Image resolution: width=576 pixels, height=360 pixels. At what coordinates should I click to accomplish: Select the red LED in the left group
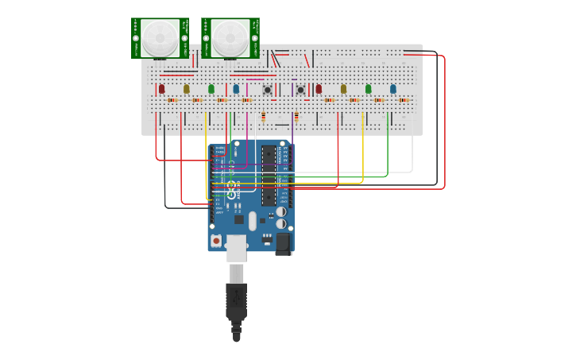[161, 89]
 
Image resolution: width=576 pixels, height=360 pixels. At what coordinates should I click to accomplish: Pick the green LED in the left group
[211, 89]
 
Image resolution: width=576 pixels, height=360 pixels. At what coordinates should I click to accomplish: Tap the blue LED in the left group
[236, 89]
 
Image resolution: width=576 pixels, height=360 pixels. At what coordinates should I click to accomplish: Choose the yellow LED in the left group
[187, 89]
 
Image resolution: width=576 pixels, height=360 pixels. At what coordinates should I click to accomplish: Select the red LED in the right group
[319, 89]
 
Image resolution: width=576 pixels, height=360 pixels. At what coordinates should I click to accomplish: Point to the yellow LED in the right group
[344, 89]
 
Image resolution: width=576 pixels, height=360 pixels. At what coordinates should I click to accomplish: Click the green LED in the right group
[369, 89]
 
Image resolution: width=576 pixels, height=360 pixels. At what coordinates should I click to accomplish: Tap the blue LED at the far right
[393, 89]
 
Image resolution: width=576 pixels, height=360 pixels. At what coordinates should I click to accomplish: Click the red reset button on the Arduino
[216, 239]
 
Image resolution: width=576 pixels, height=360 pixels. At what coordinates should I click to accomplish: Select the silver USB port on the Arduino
[236, 247]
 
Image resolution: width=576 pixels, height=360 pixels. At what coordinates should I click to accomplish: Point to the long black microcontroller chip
[269, 175]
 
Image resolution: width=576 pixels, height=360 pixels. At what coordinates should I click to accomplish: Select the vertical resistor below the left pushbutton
[264, 117]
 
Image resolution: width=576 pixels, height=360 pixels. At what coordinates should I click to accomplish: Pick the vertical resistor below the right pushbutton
[296, 117]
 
